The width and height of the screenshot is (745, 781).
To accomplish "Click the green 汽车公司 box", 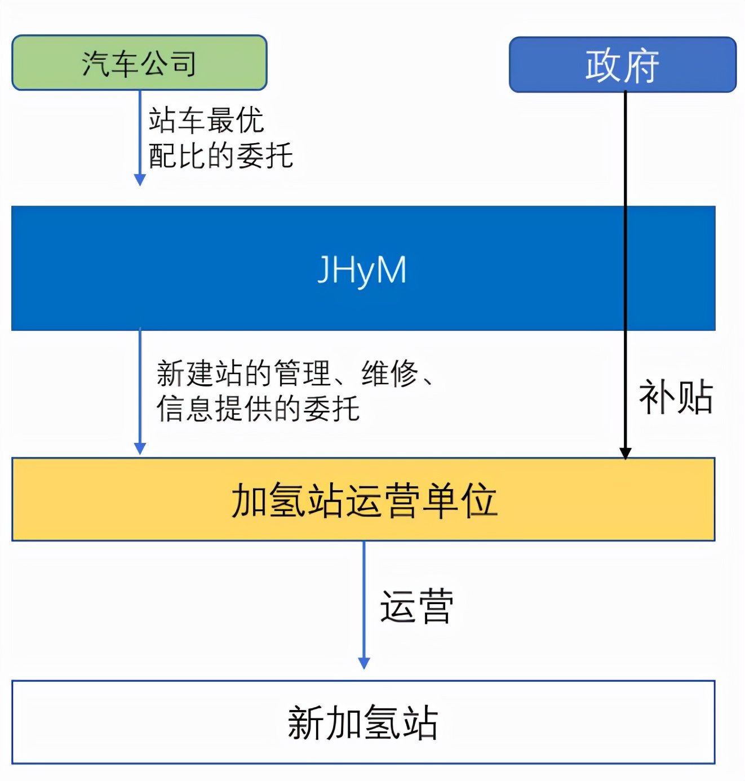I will [139, 63].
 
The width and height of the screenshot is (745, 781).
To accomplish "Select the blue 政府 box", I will [622, 65].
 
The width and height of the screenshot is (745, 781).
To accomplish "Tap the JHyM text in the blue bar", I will [362, 270].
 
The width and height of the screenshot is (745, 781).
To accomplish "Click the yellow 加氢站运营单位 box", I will [363, 499].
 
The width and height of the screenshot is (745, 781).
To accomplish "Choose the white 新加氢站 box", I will [363, 722].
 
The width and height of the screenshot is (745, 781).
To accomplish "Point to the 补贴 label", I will [675, 397].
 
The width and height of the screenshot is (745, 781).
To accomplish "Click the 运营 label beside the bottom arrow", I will [416, 607].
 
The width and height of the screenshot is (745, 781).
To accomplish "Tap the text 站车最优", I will [206, 120].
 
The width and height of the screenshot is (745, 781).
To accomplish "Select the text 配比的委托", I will [220, 156].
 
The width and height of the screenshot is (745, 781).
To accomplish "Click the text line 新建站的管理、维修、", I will [295, 373].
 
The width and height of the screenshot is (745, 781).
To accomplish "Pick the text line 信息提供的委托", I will [258, 409].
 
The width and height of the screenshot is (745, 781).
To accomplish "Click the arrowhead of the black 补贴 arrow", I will [625, 453].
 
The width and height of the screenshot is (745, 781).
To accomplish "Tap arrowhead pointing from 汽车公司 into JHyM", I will [140, 180].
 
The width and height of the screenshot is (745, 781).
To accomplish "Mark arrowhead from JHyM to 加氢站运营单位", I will [140, 449].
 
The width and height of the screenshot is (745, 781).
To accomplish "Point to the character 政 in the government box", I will [603, 65].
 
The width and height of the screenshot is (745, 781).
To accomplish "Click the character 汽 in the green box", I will [95, 63].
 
